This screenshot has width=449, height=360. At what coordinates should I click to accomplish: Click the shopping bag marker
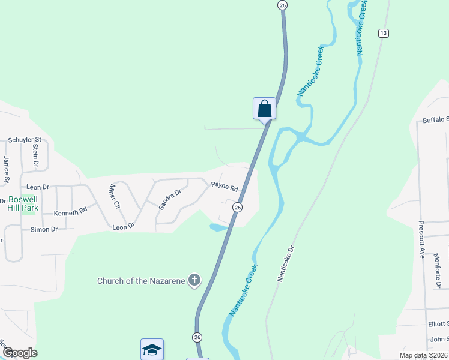tap(264, 109)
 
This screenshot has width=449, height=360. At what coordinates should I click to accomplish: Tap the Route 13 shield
tap(382, 32)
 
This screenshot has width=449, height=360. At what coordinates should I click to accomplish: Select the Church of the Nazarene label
tap(142, 280)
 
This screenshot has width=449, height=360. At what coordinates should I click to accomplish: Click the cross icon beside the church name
tap(194, 280)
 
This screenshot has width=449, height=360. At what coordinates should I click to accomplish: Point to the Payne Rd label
tap(224, 187)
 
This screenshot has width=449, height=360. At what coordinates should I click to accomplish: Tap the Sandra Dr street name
tap(170, 199)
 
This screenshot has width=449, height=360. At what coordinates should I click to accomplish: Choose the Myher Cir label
tap(113, 196)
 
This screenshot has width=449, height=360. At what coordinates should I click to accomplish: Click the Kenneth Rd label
tap(70, 211)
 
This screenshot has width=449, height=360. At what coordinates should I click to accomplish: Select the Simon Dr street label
tap(44, 229)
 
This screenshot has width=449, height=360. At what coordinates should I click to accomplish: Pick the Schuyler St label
tap(24, 140)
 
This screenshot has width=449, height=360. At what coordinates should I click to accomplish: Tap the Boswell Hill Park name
tap(23, 203)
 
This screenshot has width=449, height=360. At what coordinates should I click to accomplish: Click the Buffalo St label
tap(435, 120)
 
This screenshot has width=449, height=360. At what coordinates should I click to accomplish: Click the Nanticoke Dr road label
tap(287, 263)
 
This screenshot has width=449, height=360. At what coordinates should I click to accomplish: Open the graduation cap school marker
tap(152, 349)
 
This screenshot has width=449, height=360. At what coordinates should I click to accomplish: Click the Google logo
tap(20, 353)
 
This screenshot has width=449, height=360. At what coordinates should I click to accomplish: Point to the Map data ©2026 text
tap(422, 355)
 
